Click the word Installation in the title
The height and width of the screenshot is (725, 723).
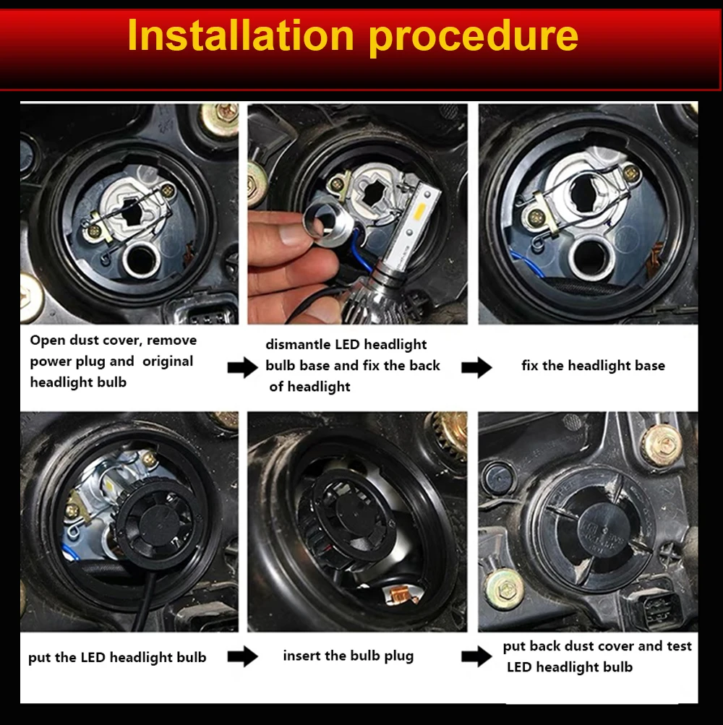[x=241, y=35]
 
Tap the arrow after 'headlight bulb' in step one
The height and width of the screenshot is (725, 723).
[x=243, y=368]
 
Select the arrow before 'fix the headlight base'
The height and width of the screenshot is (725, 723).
[x=476, y=368]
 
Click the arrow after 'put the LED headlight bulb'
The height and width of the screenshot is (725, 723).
[x=243, y=656]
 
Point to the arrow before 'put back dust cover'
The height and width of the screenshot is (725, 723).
[x=476, y=656]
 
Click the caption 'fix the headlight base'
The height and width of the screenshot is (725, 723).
[x=593, y=366]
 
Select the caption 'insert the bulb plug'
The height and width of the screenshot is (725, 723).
[x=348, y=656]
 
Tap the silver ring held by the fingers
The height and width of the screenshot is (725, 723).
[x=319, y=225]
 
